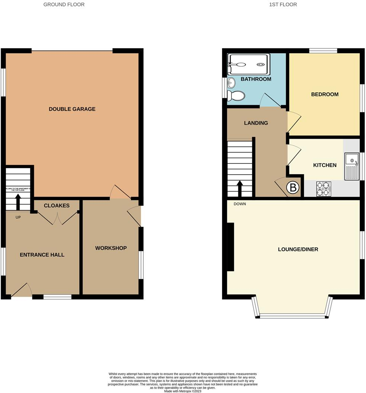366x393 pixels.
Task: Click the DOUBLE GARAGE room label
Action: click(x=72, y=109)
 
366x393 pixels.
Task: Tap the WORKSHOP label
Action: click(x=111, y=248)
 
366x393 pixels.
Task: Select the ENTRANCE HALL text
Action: click(x=42, y=255)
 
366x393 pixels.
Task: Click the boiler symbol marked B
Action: click(x=293, y=188)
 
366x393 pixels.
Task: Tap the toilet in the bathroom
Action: click(x=236, y=96)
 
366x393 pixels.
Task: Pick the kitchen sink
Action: click(x=351, y=166)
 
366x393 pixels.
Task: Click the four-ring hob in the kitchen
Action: click(x=324, y=189)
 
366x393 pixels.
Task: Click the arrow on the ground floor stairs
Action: click(x=18, y=202)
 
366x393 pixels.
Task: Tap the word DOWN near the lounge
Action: click(x=240, y=204)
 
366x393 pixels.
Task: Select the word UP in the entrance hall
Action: click(x=18, y=217)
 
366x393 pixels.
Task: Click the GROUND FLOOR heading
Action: click(x=64, y=5)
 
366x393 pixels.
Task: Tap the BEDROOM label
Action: click(x=325, y=95)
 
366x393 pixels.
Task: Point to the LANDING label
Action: click(x=256, y=123)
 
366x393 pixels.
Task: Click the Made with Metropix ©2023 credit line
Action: click(x=183, y=391)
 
